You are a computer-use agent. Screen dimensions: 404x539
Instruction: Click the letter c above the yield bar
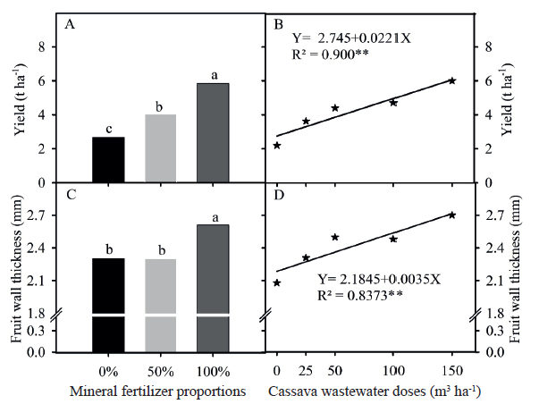(x=108, y=129)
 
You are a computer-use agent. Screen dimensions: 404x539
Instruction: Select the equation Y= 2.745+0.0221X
(x=351, y=39)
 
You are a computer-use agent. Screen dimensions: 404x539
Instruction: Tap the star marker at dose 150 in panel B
(x=451, y=80)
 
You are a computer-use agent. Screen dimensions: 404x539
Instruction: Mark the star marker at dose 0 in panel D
(x=277, y=282)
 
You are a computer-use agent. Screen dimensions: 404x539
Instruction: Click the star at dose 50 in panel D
(x=335, y=237)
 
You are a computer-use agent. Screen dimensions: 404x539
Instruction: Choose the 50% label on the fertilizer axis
(x=160, y=370)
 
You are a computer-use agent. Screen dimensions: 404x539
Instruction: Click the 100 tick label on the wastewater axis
(x=393, y=370)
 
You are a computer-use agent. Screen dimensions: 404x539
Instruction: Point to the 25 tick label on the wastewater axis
(x=306, y=370)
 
